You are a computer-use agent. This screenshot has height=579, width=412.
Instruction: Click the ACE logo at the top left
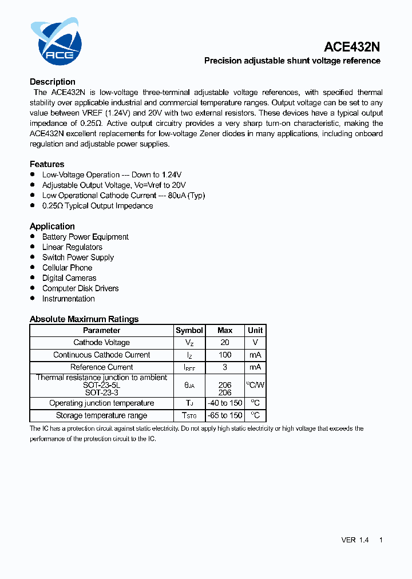point(56,42)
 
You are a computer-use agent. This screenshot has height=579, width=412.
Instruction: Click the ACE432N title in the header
point(352,47)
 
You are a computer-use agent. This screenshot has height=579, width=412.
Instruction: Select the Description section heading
point(53,82)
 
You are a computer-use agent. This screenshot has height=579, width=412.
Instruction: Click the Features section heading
point(47,164)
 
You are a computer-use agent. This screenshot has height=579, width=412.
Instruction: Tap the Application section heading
point(52,226)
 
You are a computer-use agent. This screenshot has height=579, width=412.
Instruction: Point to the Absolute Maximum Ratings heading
point(84,319)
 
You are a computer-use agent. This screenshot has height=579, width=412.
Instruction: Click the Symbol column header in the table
point(189,330)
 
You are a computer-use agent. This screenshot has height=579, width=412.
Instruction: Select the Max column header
point(225,330)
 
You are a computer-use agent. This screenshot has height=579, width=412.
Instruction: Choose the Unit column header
point(255,330)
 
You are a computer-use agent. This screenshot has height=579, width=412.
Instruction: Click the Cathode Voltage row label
point(102,342)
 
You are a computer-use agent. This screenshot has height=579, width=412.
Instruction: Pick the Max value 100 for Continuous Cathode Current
point(225,355)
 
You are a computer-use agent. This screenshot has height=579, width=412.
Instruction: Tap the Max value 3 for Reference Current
point(225,367)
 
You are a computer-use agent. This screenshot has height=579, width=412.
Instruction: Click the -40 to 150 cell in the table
point(225,403)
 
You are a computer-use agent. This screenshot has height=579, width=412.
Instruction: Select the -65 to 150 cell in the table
point(225,415)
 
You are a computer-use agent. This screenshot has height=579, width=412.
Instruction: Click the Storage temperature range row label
point(102,415)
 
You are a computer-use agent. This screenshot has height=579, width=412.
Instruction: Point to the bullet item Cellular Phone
point(67,268)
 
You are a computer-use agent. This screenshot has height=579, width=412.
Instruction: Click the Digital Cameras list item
point(69,278)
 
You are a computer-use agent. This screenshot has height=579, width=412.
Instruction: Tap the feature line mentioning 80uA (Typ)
point(123,195)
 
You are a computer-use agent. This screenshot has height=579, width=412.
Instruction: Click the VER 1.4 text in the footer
point(355,540)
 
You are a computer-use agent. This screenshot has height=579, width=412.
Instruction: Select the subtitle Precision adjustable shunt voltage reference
point(292,61)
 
